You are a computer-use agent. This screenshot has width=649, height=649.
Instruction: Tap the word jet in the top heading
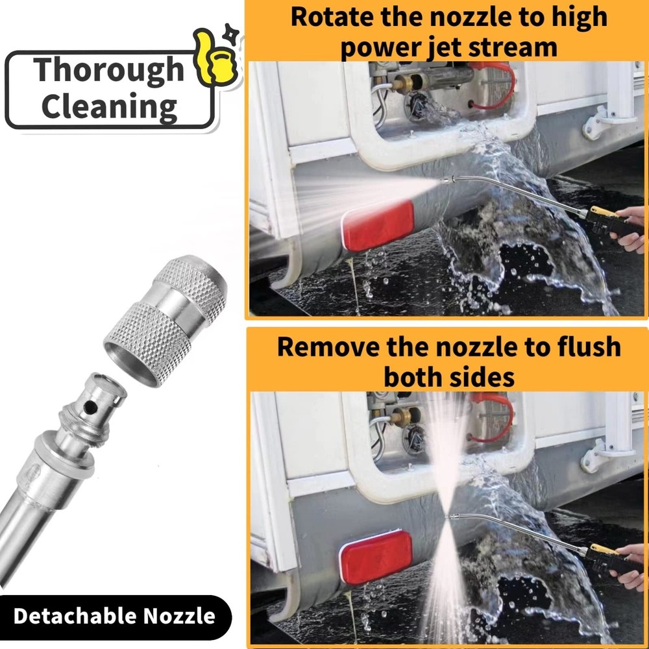(x=437, y=47)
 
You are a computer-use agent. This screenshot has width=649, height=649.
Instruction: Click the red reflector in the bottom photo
(x=376, y=557)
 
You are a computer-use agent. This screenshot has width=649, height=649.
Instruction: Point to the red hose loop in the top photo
(x=500, y=84)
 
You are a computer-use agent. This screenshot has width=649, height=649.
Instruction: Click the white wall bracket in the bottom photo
(x=604, y=451)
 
